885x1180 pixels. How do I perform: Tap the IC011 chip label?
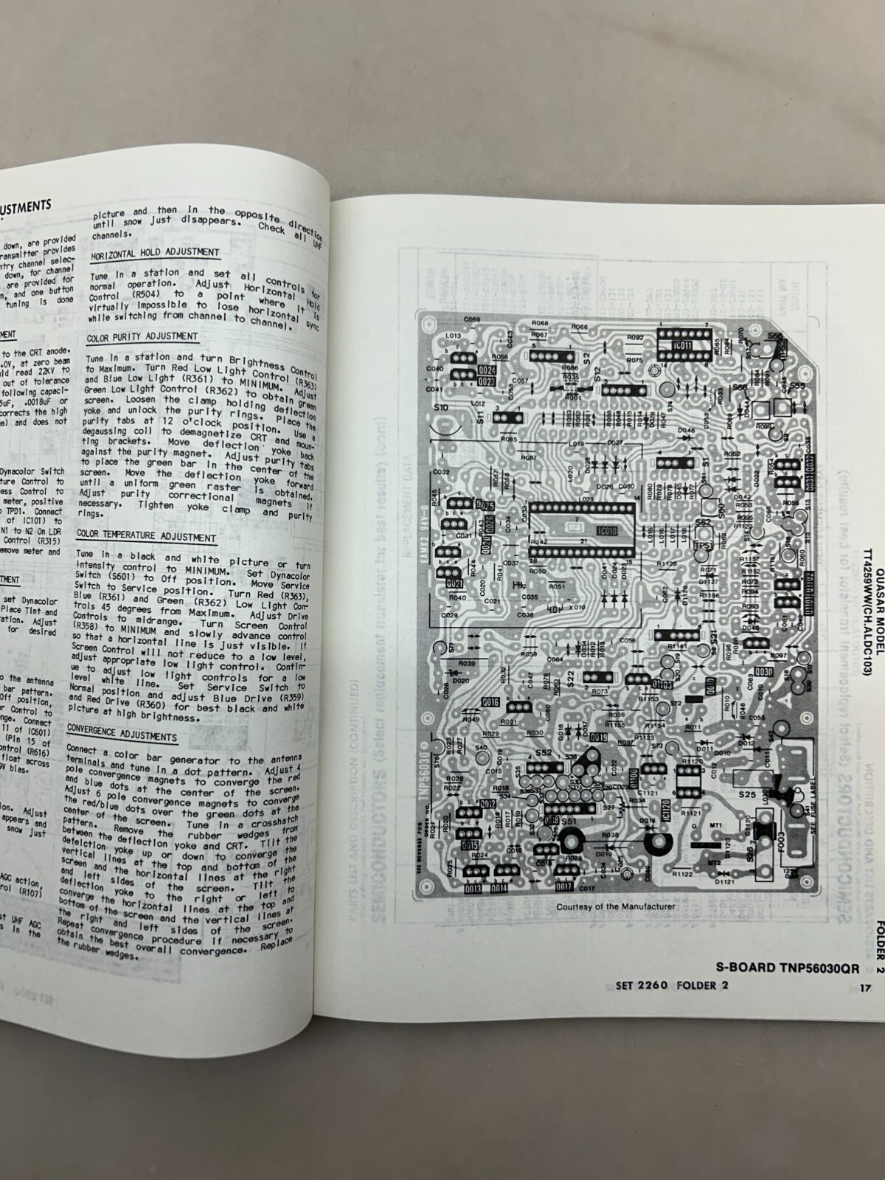pos(683,345)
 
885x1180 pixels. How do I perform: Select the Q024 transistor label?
pos(486,369)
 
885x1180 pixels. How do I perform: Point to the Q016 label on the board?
pos(490,701)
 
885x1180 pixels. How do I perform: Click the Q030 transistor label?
pos(764,673)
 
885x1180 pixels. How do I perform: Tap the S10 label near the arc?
pos(441,407)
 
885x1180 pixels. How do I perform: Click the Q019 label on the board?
pos(598,737)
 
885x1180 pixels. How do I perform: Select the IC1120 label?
pos(665,811)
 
